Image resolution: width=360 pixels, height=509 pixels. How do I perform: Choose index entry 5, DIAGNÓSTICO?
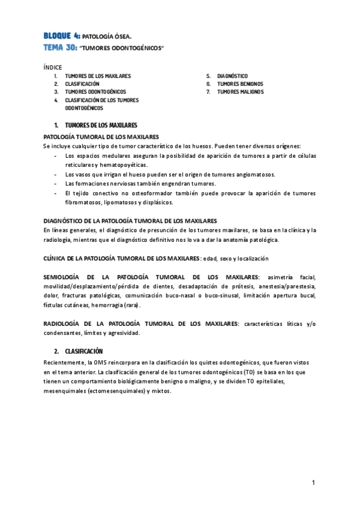coord(233,76)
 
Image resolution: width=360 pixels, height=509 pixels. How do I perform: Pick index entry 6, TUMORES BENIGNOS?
coord(240,84)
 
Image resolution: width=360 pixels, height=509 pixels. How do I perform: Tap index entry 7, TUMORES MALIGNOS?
coord(240,92)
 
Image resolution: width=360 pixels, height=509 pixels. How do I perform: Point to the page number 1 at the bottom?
coord(313,483)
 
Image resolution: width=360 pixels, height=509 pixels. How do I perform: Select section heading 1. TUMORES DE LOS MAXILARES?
coord(96,125)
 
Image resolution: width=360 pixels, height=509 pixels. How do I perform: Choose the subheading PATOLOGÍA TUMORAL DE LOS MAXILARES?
coord(101,137)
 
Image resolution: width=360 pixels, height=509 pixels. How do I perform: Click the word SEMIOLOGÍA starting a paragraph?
coord(64,277)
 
